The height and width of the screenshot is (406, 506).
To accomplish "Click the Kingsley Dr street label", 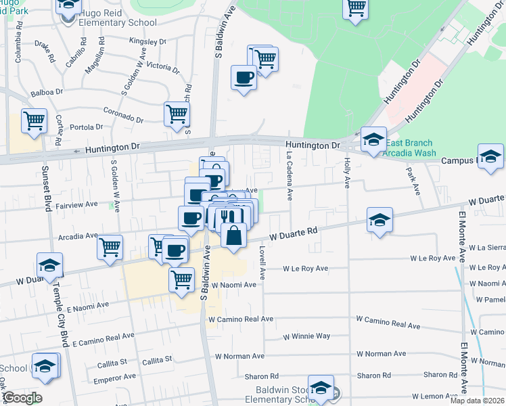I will tap(147, 42).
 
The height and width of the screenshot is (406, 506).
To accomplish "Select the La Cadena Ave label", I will tap(289, 175).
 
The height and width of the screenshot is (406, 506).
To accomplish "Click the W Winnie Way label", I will tap(306, 336).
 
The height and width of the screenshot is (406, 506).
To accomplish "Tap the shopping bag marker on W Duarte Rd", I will tap(233, 236).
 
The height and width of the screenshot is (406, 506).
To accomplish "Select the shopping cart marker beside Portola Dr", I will tap(34, 121).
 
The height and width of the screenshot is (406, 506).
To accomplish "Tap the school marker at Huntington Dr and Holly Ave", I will tap(373, 139).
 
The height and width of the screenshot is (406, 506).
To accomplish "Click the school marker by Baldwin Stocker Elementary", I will tap(321, 388).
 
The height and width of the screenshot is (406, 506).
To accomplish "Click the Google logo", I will tap(22, 397).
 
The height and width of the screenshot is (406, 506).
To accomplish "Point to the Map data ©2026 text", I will tap(477, 401).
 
